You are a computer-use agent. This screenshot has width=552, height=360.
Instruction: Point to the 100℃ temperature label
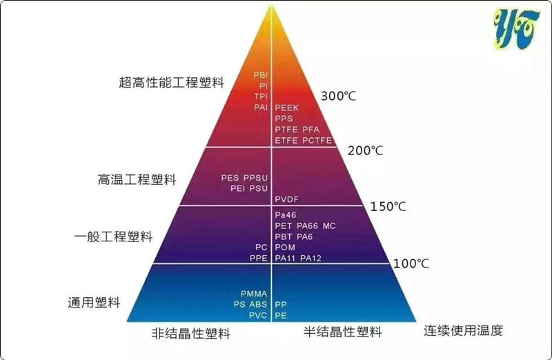tap(411, 263)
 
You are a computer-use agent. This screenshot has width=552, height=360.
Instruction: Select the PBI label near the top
tap(260, 74)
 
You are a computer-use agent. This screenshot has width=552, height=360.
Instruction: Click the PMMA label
tap(253, 293)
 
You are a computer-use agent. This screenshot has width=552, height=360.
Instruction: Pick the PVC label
tap(257, 315)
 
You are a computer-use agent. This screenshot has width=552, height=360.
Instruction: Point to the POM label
tap(286, 247)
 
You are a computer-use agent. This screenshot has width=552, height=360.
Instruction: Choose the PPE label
tap(258, 258)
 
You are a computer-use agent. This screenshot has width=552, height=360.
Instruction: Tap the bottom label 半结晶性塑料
tap(342, 332)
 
